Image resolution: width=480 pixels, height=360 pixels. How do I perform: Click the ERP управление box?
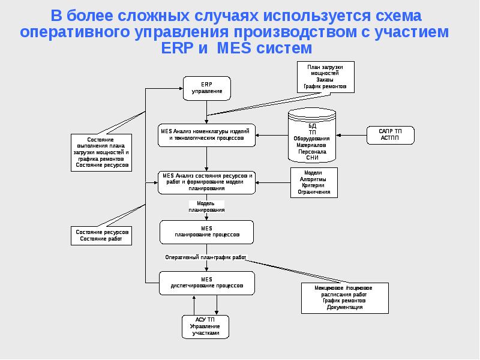tap(207, 88)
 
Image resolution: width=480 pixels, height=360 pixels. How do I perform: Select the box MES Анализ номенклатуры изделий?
tap(207, 134)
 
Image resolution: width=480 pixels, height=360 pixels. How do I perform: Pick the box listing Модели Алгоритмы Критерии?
tap(313, 182)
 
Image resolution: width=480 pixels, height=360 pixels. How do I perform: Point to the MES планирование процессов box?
tap(207, 231)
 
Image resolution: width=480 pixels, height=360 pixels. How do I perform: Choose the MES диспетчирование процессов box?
tap(207, 283)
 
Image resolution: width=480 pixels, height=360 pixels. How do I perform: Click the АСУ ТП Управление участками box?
tap(206, 326)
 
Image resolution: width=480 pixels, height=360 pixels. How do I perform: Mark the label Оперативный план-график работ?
tap(206, 257)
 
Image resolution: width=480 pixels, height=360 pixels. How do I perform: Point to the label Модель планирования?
tap(206, 207)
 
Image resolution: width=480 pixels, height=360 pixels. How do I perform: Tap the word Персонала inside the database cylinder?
tap(312, 152)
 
